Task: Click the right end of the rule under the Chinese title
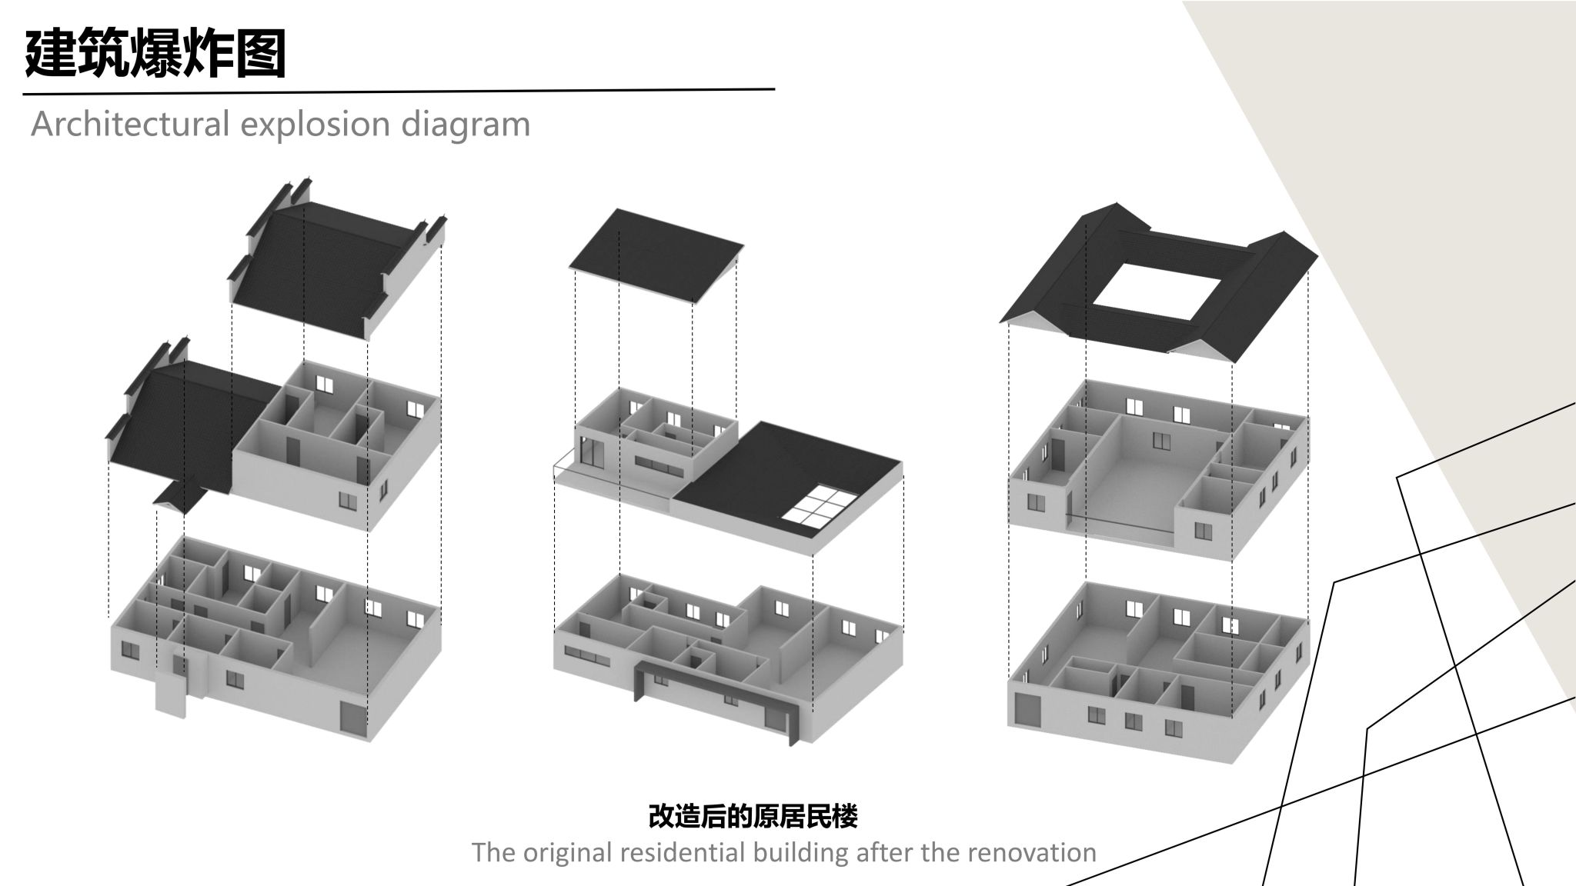click(774, 89)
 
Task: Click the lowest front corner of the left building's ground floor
click(371, 741)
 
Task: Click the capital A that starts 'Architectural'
click(42, 124)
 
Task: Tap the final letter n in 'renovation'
click(1088, 854)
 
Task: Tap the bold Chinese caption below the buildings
click(753, 816)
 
